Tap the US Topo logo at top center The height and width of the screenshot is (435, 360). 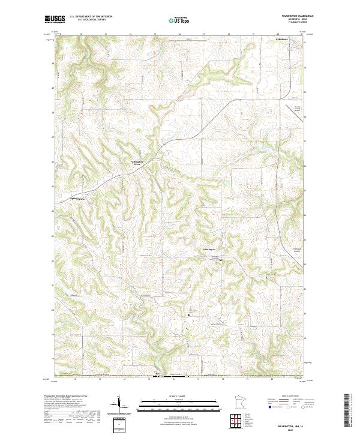[x=179, y=20]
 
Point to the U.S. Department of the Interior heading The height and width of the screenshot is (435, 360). [x=91, y=16]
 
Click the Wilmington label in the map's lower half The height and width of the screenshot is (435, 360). [x=208, y=249]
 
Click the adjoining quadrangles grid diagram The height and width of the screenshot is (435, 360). [x=237, y=418]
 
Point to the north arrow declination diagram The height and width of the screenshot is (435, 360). [x=120, y=405]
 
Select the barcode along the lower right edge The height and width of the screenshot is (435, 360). [x=350, y=409]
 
